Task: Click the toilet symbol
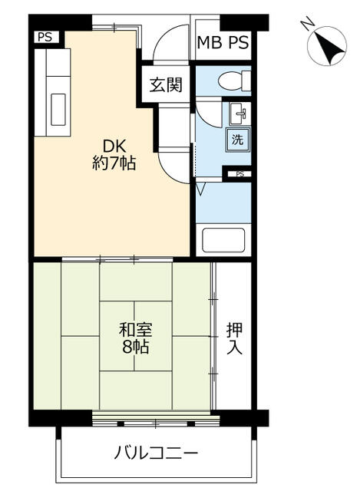coord(234,80)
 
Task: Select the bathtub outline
coord(223,240)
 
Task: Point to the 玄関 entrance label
coord(166,84)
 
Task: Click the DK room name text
coord(114,146)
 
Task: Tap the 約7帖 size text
coord(114,163)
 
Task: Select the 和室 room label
coord(135,330)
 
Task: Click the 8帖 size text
coord(135,347)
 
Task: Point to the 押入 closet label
coord(234,338)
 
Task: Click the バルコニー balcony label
coord(156,453)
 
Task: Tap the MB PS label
coord(223,43)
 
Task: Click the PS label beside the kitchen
coord(45,38)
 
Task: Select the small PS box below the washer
coord(239,174)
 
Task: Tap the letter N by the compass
coord(307,24)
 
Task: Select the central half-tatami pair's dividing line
coord(135,336)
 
